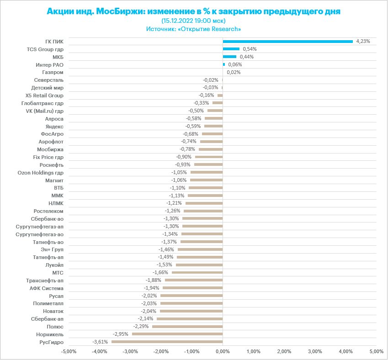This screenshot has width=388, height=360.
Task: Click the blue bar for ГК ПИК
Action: click(x=287, y=41)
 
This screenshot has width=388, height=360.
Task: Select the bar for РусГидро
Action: click(x=167, y=342)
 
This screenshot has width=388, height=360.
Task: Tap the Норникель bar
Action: click(x=177, y=334)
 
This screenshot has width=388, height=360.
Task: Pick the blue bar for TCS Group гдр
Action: click(x=231, y=49)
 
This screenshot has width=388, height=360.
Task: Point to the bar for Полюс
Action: click(x=187, y=327)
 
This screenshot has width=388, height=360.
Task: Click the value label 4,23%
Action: click(x=363, y=41)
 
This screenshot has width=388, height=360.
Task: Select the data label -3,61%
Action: click(x=100, y=342)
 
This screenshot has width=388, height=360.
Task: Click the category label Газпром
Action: click(x=53, y=72)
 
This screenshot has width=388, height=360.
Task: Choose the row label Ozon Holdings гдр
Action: click(x=40, y=172)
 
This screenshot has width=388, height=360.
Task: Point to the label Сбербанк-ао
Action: click(x=48, y=218)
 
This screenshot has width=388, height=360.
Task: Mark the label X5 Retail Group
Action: click(x=45, y=95)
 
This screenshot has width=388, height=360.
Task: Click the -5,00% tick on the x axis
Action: click(x=69, y=351)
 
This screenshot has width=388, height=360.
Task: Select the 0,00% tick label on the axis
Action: click(x=223, y=351)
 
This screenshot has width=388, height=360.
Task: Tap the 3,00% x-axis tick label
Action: click(x=315, y=351)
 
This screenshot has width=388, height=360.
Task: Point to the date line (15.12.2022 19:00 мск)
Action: click(x=194, y=21)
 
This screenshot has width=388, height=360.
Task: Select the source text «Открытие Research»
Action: click(x=212, y=29)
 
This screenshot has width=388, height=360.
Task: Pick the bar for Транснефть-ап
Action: click(x=194, y=280)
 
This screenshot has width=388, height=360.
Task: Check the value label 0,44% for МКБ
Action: click(x=246, y=57)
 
